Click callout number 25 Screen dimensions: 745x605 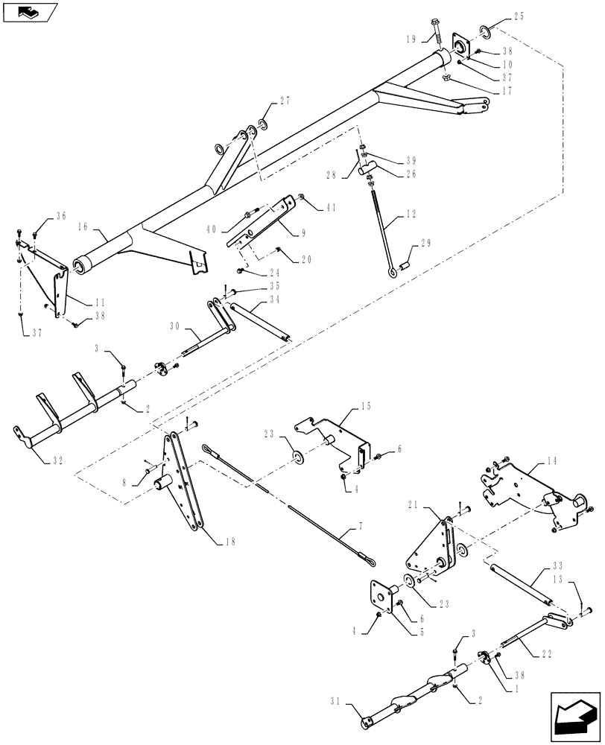point(519,16)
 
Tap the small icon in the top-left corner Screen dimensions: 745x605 point(29,11)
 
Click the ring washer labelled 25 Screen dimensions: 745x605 point(484,31)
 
